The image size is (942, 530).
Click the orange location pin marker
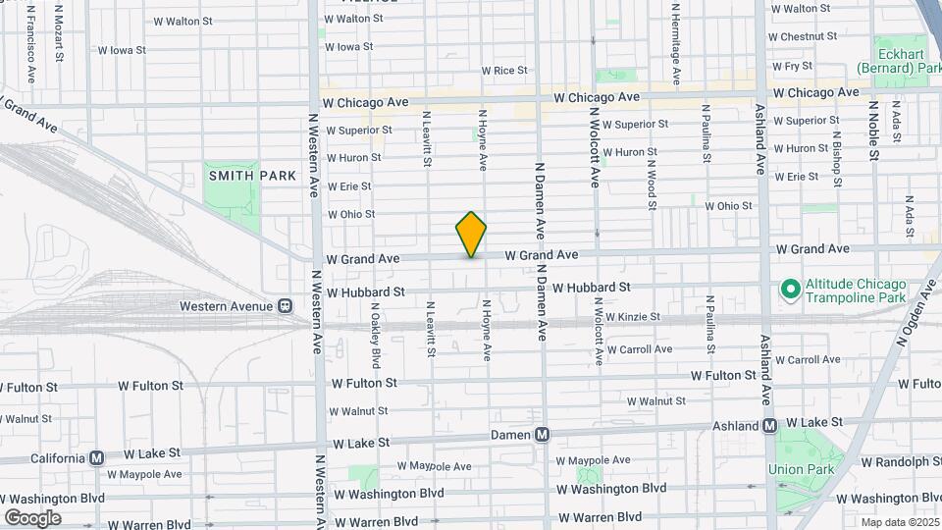471,234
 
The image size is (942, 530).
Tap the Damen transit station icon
541,434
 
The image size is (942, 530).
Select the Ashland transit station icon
770,426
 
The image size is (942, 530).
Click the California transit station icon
96,457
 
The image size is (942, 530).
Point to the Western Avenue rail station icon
285,306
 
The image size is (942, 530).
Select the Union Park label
800,469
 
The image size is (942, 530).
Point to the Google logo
33,517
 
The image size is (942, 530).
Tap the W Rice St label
504,71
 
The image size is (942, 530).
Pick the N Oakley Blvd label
374,326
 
